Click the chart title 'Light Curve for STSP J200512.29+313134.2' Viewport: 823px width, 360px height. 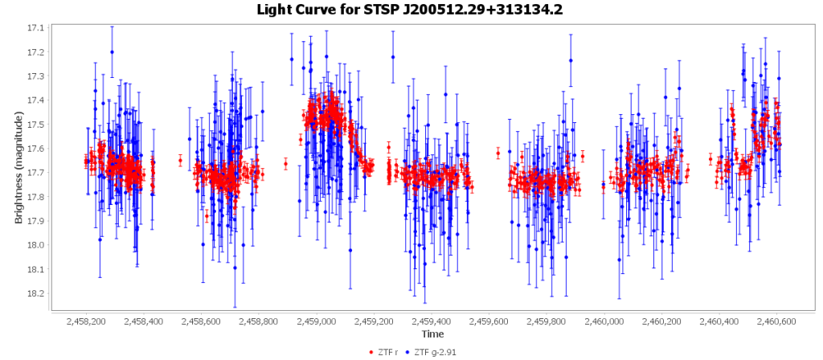[411, 10]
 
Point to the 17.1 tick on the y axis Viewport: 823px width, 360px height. [35, 28]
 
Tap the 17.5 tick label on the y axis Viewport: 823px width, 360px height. [35, 125]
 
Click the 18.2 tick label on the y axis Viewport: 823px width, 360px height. [35, 293]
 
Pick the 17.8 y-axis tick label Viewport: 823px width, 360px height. [35, 197]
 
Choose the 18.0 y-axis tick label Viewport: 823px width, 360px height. [35, 245]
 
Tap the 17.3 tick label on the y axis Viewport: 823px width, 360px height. [35, 76]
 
